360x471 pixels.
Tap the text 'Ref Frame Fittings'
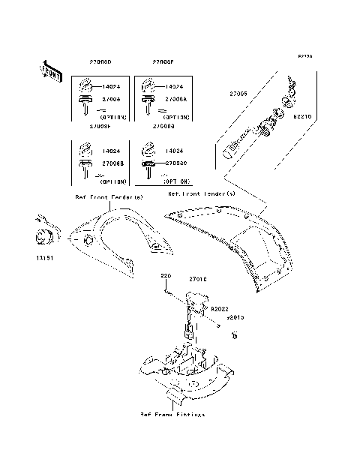coord(172,414)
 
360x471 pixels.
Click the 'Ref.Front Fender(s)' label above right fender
coord(201,194)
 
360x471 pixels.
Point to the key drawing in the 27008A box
coord(148,103)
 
